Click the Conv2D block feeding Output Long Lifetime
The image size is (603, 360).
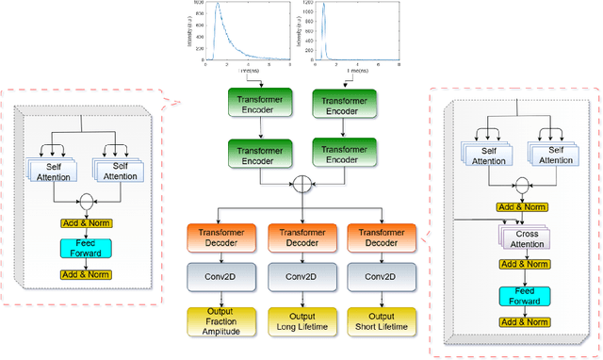[299, 277]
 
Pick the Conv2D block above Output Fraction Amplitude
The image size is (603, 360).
[219, 277]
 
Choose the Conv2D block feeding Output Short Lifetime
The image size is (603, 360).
[377, 277]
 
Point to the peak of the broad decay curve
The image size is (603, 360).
[218, 7]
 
